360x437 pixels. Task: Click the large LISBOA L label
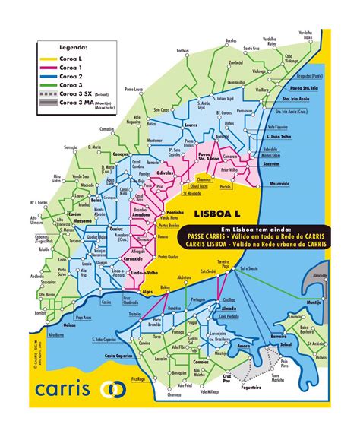(219, 215)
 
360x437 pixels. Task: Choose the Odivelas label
(177, 172)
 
